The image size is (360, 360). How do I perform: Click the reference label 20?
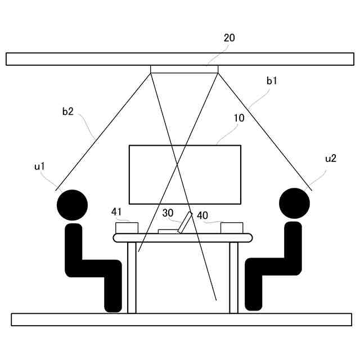pyautogui.click(x=229, y=38)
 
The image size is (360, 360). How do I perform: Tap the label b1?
pyautogui.click(x=272, y=81)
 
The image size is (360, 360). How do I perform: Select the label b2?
pyautogui.click(x=67, y=111)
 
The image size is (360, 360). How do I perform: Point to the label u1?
pyautogui.click(x=39, y=166)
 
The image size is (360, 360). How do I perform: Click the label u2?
pyautogui.click(x=331, y=159)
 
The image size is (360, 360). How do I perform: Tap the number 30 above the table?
pyautogui.click(x=168, y=213)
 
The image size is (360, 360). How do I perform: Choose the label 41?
pyautogui.click(x=116, y=211)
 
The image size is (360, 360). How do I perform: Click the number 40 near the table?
pyautogui.click(x=202, y=215)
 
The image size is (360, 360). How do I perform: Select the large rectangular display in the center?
pyautogui.click(x=185, y=174)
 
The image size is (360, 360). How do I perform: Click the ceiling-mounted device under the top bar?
pyautogui.click(x=184, y=69)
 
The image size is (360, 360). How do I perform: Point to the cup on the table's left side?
pyautogui.click(x=127, y=228)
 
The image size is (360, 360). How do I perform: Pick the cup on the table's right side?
pyautogui.click(x=232, y=228)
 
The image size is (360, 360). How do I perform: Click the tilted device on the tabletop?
pyautogui.click(x=184, y=222)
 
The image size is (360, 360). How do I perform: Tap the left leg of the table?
pyautogui.click(x=132, y=277)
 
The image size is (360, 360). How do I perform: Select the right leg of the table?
pyautogui.click(x=233, y=277)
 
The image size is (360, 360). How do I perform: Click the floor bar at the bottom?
pyautogui.click(x=181, y=319)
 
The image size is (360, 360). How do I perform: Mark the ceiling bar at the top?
pyautogui.click(x=180, y=59)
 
